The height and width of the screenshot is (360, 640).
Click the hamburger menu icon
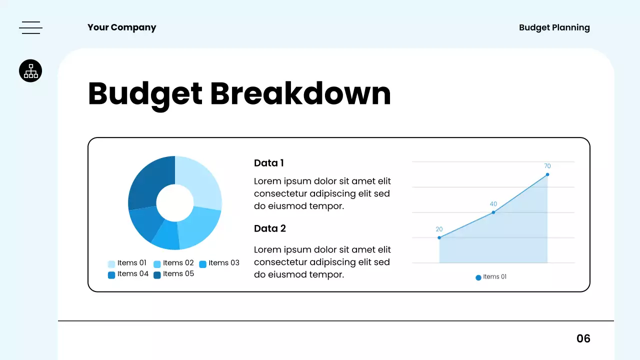(x=30, y=28)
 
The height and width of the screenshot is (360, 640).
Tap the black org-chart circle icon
(x=30, y=71)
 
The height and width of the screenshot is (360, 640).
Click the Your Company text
(x=121, y=27)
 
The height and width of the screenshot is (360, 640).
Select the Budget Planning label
(x=554, y=27)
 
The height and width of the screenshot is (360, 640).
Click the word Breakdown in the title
(x=300, y=93)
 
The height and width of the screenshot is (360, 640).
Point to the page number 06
(x=583, y=338)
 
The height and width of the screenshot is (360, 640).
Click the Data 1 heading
(x=268, y=163)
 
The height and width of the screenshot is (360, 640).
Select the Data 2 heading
(x=269, y=228)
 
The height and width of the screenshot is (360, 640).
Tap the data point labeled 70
(x=547, y=174)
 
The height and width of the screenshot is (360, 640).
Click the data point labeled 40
(x=493, y=212)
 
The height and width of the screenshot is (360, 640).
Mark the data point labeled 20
(x=439, y=237)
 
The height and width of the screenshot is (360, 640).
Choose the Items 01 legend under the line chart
(x=491, y=277)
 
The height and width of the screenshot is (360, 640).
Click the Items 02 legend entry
(x=173, y=263)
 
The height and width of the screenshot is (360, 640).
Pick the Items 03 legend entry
(x=219, y=263)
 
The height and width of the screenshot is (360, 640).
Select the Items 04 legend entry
(x=128, y=274)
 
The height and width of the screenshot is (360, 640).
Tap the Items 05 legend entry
(x=173, y=274)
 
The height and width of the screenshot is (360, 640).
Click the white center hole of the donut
(x=175, y=203)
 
